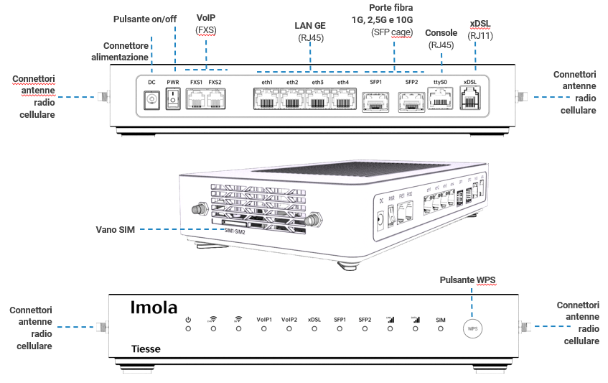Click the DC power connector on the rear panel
coord(151,102)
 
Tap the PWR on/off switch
coord(173,102)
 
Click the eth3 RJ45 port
coord(318,101)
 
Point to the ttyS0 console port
coord(440,101)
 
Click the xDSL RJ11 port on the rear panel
coord(470,101)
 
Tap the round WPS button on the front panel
coord(472,328)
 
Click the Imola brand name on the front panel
coord(154,308)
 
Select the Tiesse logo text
coord(146,350)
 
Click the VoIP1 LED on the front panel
coord(263,328)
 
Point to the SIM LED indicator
coord(441,328)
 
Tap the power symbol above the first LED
coord(188,319)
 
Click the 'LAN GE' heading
coord(311,25)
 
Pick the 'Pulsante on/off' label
coord(144,17)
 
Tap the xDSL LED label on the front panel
coord(314,319)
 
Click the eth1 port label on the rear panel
coord(267,83)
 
